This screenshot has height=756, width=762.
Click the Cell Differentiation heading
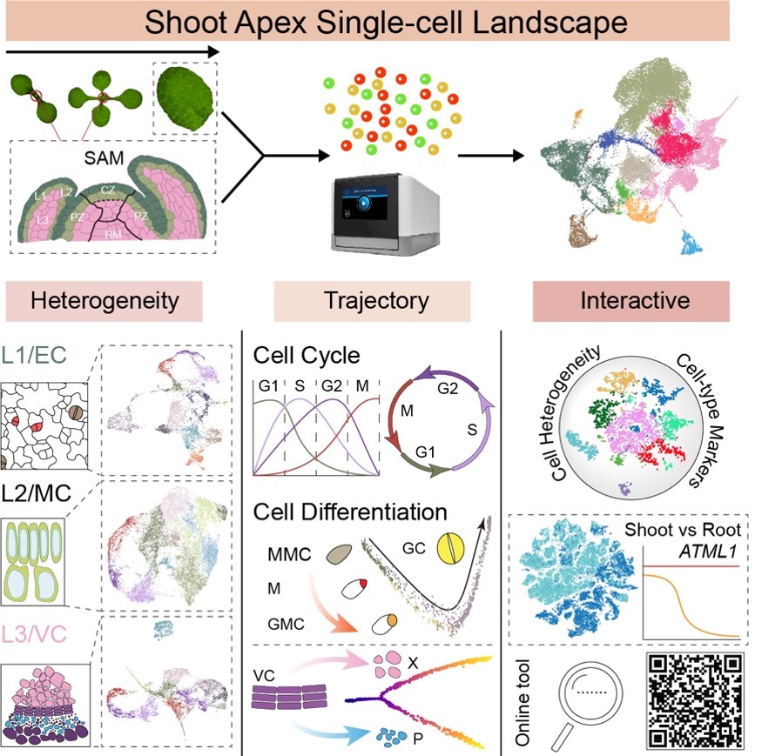[x=350, y=511]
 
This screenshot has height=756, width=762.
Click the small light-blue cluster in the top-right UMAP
[x=693, y=244]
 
